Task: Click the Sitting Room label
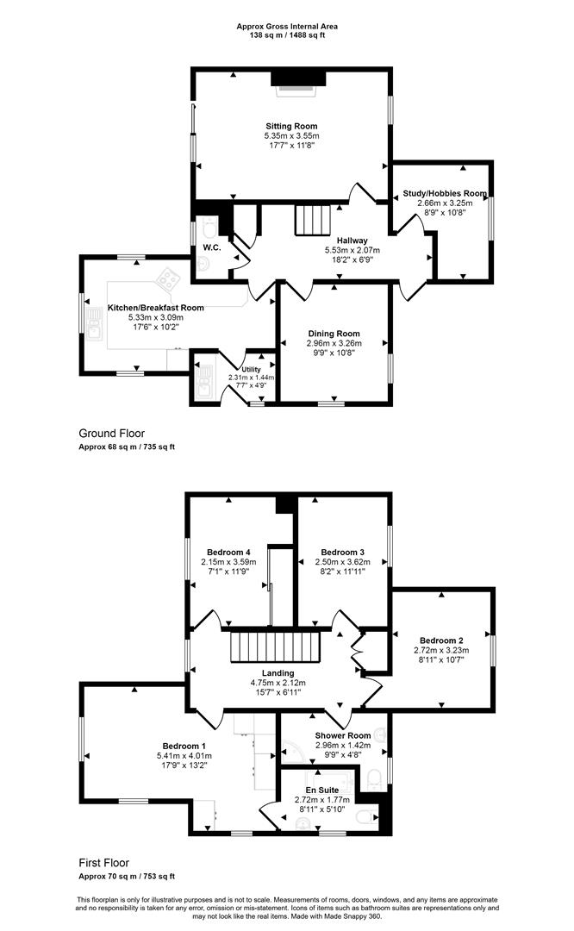[x=291, y=126]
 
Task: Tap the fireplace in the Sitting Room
[x=298, y=82]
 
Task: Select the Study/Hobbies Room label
[x=445, y=193]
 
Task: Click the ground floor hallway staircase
[x=312, y=220]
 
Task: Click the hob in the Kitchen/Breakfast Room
[x=168, y=278]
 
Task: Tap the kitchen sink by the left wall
[x=95, y=323]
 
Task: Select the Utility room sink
[x=203, y=382]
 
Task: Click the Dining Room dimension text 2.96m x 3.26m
[x=334, y=343]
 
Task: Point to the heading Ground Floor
[x=111, y=434]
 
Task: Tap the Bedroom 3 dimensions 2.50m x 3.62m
[x=342, y=562]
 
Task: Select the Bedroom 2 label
[x=441, y=640]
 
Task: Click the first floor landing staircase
[x=276, y=647]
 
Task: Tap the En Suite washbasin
[x=303, y=822]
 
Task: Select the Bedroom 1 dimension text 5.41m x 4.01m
[x=184, y=756]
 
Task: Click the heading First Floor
[x=104, y=863]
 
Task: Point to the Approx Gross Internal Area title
[x=287, y=26]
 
